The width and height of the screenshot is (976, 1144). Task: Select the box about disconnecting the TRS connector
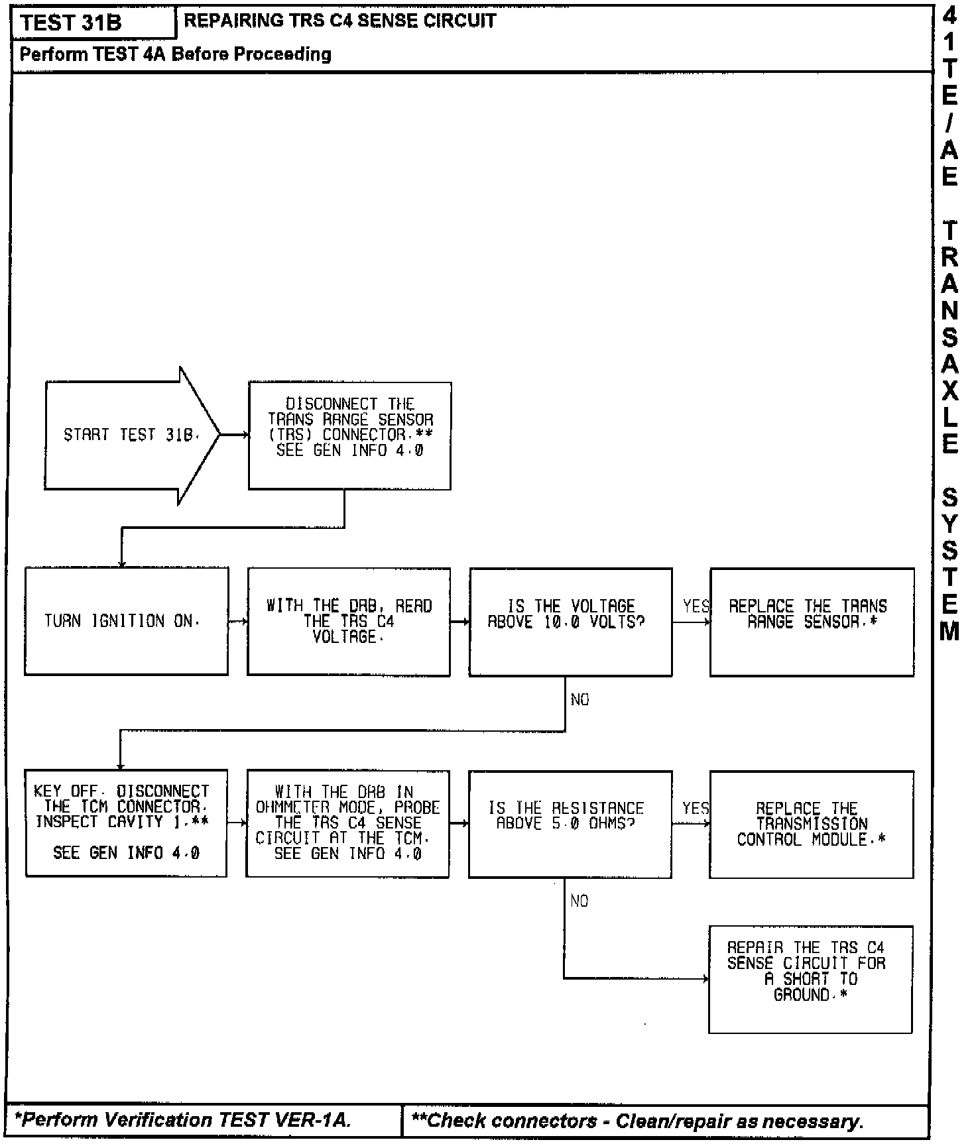[x=349, y=435]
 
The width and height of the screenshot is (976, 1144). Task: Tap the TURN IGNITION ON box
[x=126, y=621]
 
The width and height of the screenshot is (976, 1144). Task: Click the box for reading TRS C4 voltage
[x=349, y=621]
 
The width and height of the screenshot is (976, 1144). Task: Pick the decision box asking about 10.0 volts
[x=570, y=621]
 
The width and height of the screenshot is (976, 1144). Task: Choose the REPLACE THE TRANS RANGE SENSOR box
[x=812, y=621]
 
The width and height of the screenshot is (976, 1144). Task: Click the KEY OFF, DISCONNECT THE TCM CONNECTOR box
[x=125, y=823]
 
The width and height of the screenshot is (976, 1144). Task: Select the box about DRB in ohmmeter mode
[x=347, y=823]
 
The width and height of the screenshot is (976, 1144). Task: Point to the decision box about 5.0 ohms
[x=570, y=823]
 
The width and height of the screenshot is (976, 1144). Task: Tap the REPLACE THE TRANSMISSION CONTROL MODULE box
[x=811, y=824]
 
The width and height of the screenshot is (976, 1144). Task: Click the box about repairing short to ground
[x=810, y=978]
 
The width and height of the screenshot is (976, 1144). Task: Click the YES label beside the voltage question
[x=696, y=606]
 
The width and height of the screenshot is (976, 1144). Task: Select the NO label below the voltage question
[x=579, y=700]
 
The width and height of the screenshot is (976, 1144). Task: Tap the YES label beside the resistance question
[x=696, y=808]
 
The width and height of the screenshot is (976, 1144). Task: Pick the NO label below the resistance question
[x=579, y=901]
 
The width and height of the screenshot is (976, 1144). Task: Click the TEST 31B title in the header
[x=72, y=23]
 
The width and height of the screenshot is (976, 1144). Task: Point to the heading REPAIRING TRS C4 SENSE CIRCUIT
[x=339, y=21]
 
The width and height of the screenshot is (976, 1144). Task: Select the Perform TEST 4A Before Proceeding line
[x=175, y=54]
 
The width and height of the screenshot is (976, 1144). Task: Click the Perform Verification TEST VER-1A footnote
[x=183, y=1119]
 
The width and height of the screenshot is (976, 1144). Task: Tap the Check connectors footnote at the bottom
[x=637, y=1121]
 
